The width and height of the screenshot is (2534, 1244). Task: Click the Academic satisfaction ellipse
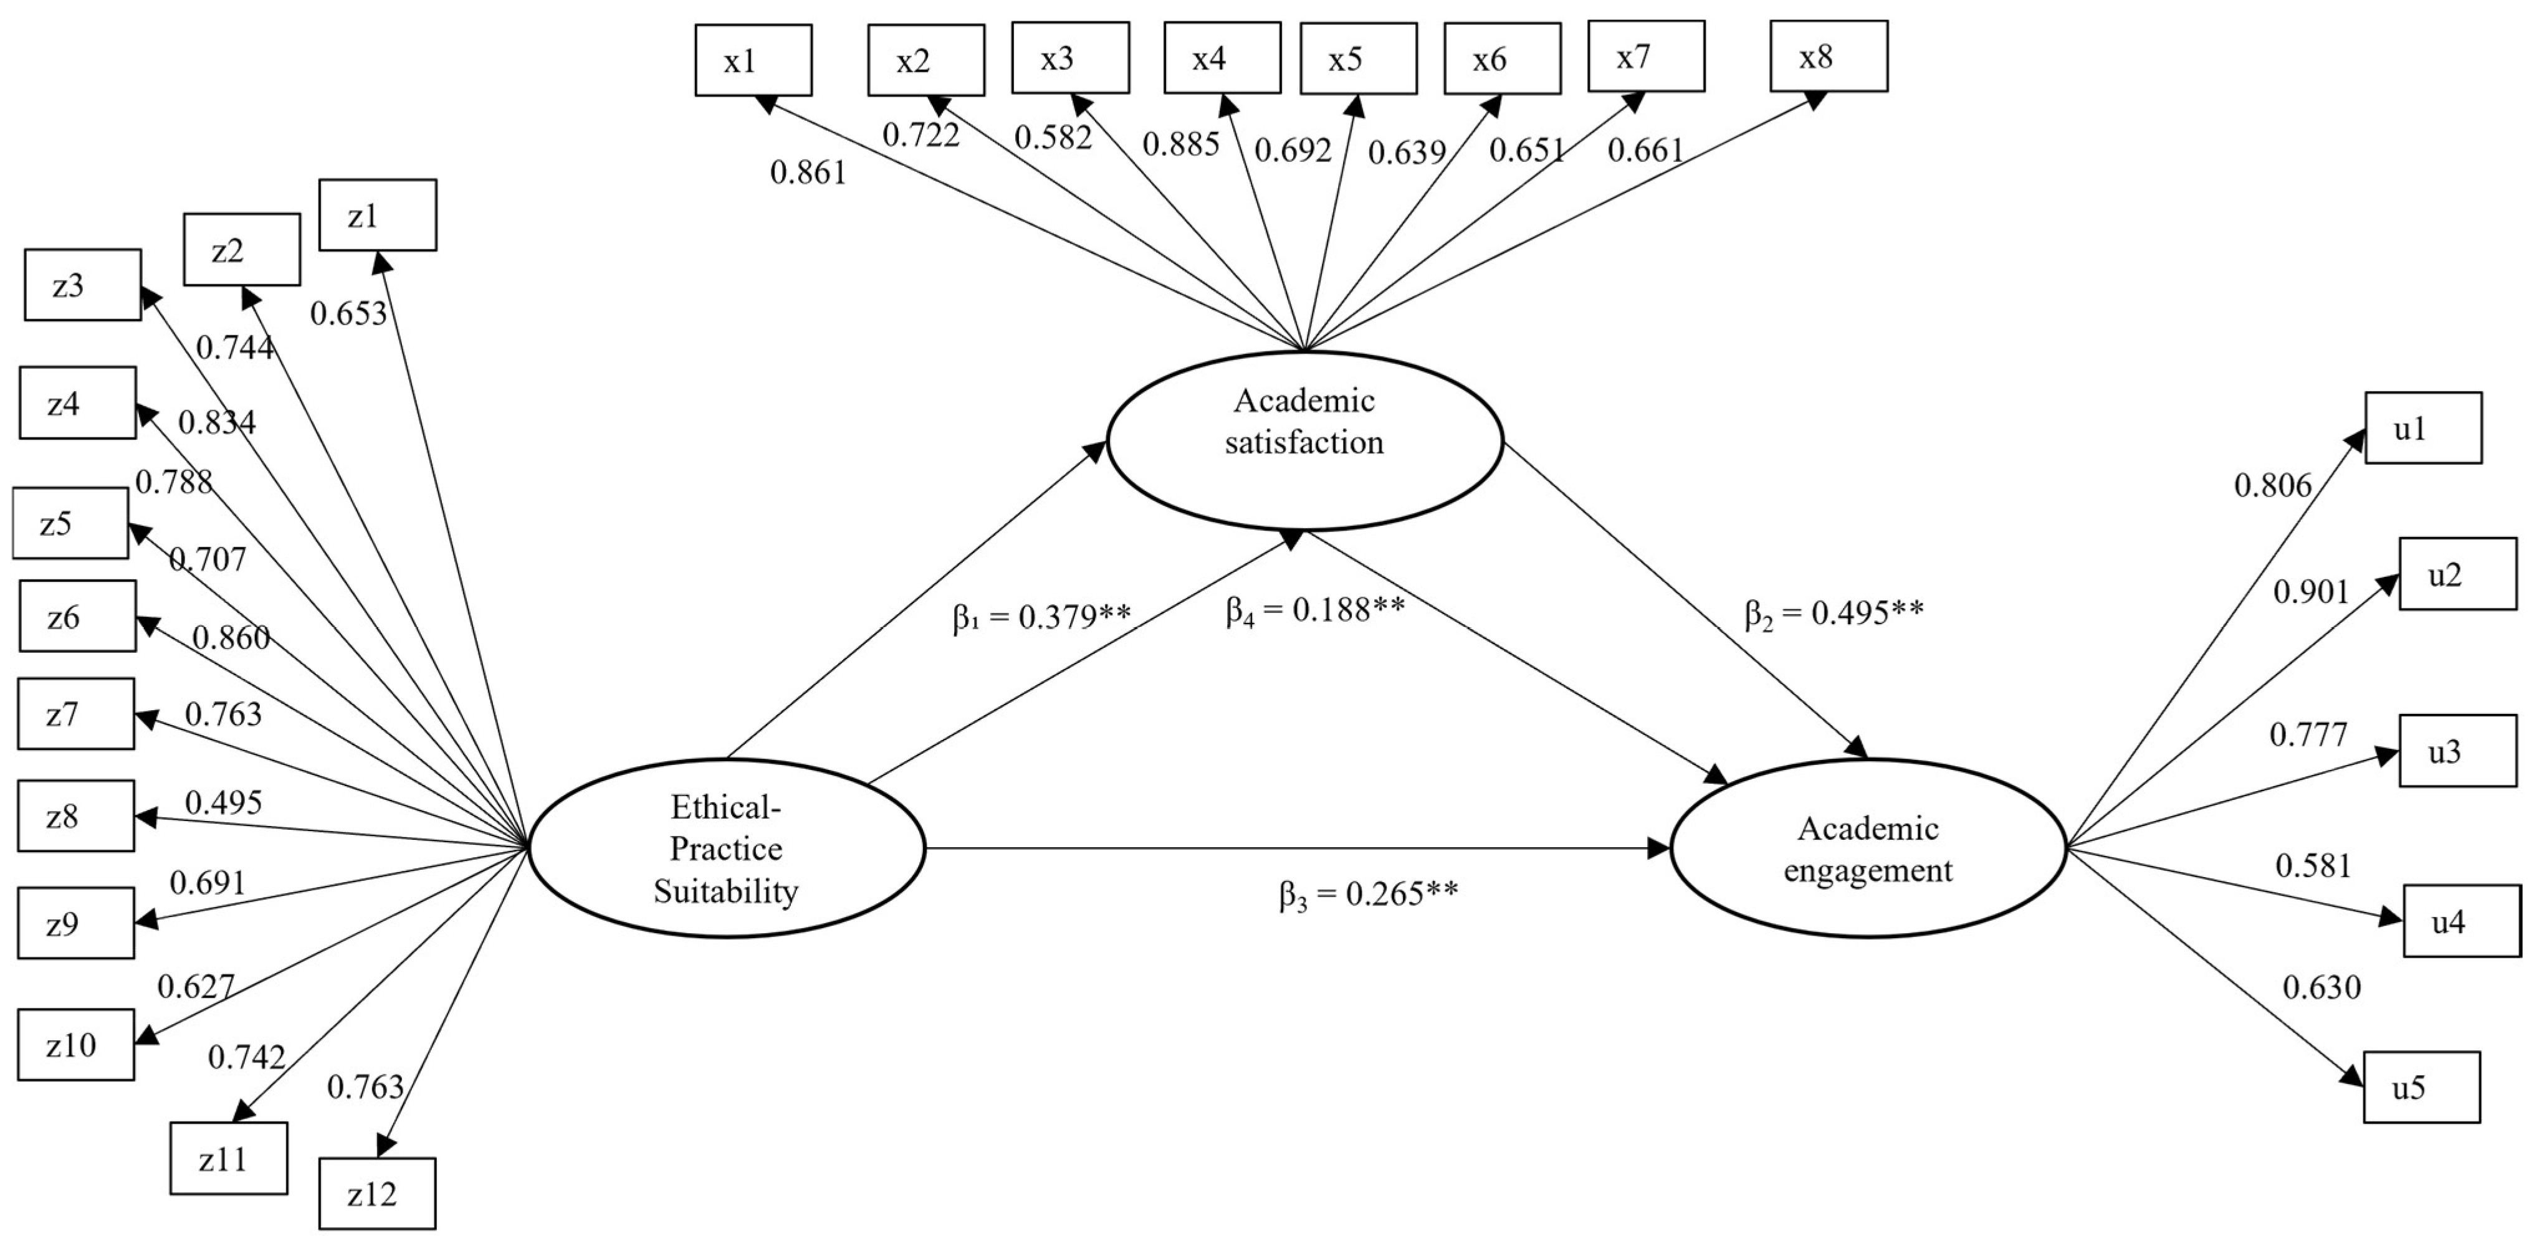[1304, 440]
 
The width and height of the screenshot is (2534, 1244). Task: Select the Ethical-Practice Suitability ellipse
[727, 848]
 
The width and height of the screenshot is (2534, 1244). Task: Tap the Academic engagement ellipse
[1868, 848]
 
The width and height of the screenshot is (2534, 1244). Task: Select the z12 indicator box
[377, 1193]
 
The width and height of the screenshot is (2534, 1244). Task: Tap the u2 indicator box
[2457, 574]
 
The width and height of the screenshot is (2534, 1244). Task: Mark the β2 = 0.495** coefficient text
[1834, 613]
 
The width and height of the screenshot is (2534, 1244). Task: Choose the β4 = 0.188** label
[1315, 610]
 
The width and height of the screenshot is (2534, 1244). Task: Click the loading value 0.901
[2311, 592]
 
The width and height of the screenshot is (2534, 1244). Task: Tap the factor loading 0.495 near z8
[223, 802]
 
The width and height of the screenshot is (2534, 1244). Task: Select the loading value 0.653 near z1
[348, 313]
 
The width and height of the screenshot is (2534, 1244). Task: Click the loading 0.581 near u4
[2313, 865]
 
